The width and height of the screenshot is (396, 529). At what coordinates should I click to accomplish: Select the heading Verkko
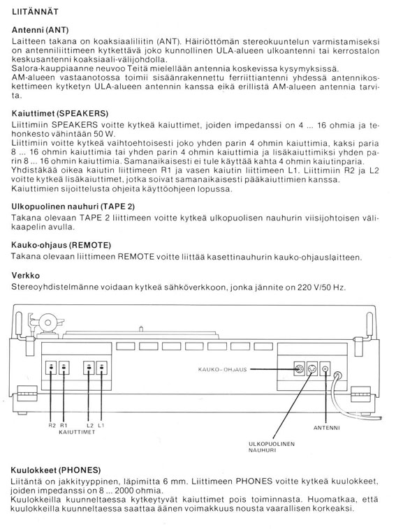26,275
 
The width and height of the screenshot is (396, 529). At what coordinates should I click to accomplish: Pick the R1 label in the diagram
65,426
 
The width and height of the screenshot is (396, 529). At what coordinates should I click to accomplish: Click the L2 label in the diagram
90,426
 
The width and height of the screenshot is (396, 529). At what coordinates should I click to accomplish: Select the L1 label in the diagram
103,426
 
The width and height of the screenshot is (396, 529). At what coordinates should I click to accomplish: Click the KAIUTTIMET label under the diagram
77,433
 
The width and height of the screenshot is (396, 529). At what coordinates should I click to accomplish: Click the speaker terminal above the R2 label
52,368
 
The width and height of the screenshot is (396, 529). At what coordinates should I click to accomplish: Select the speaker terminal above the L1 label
102,368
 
